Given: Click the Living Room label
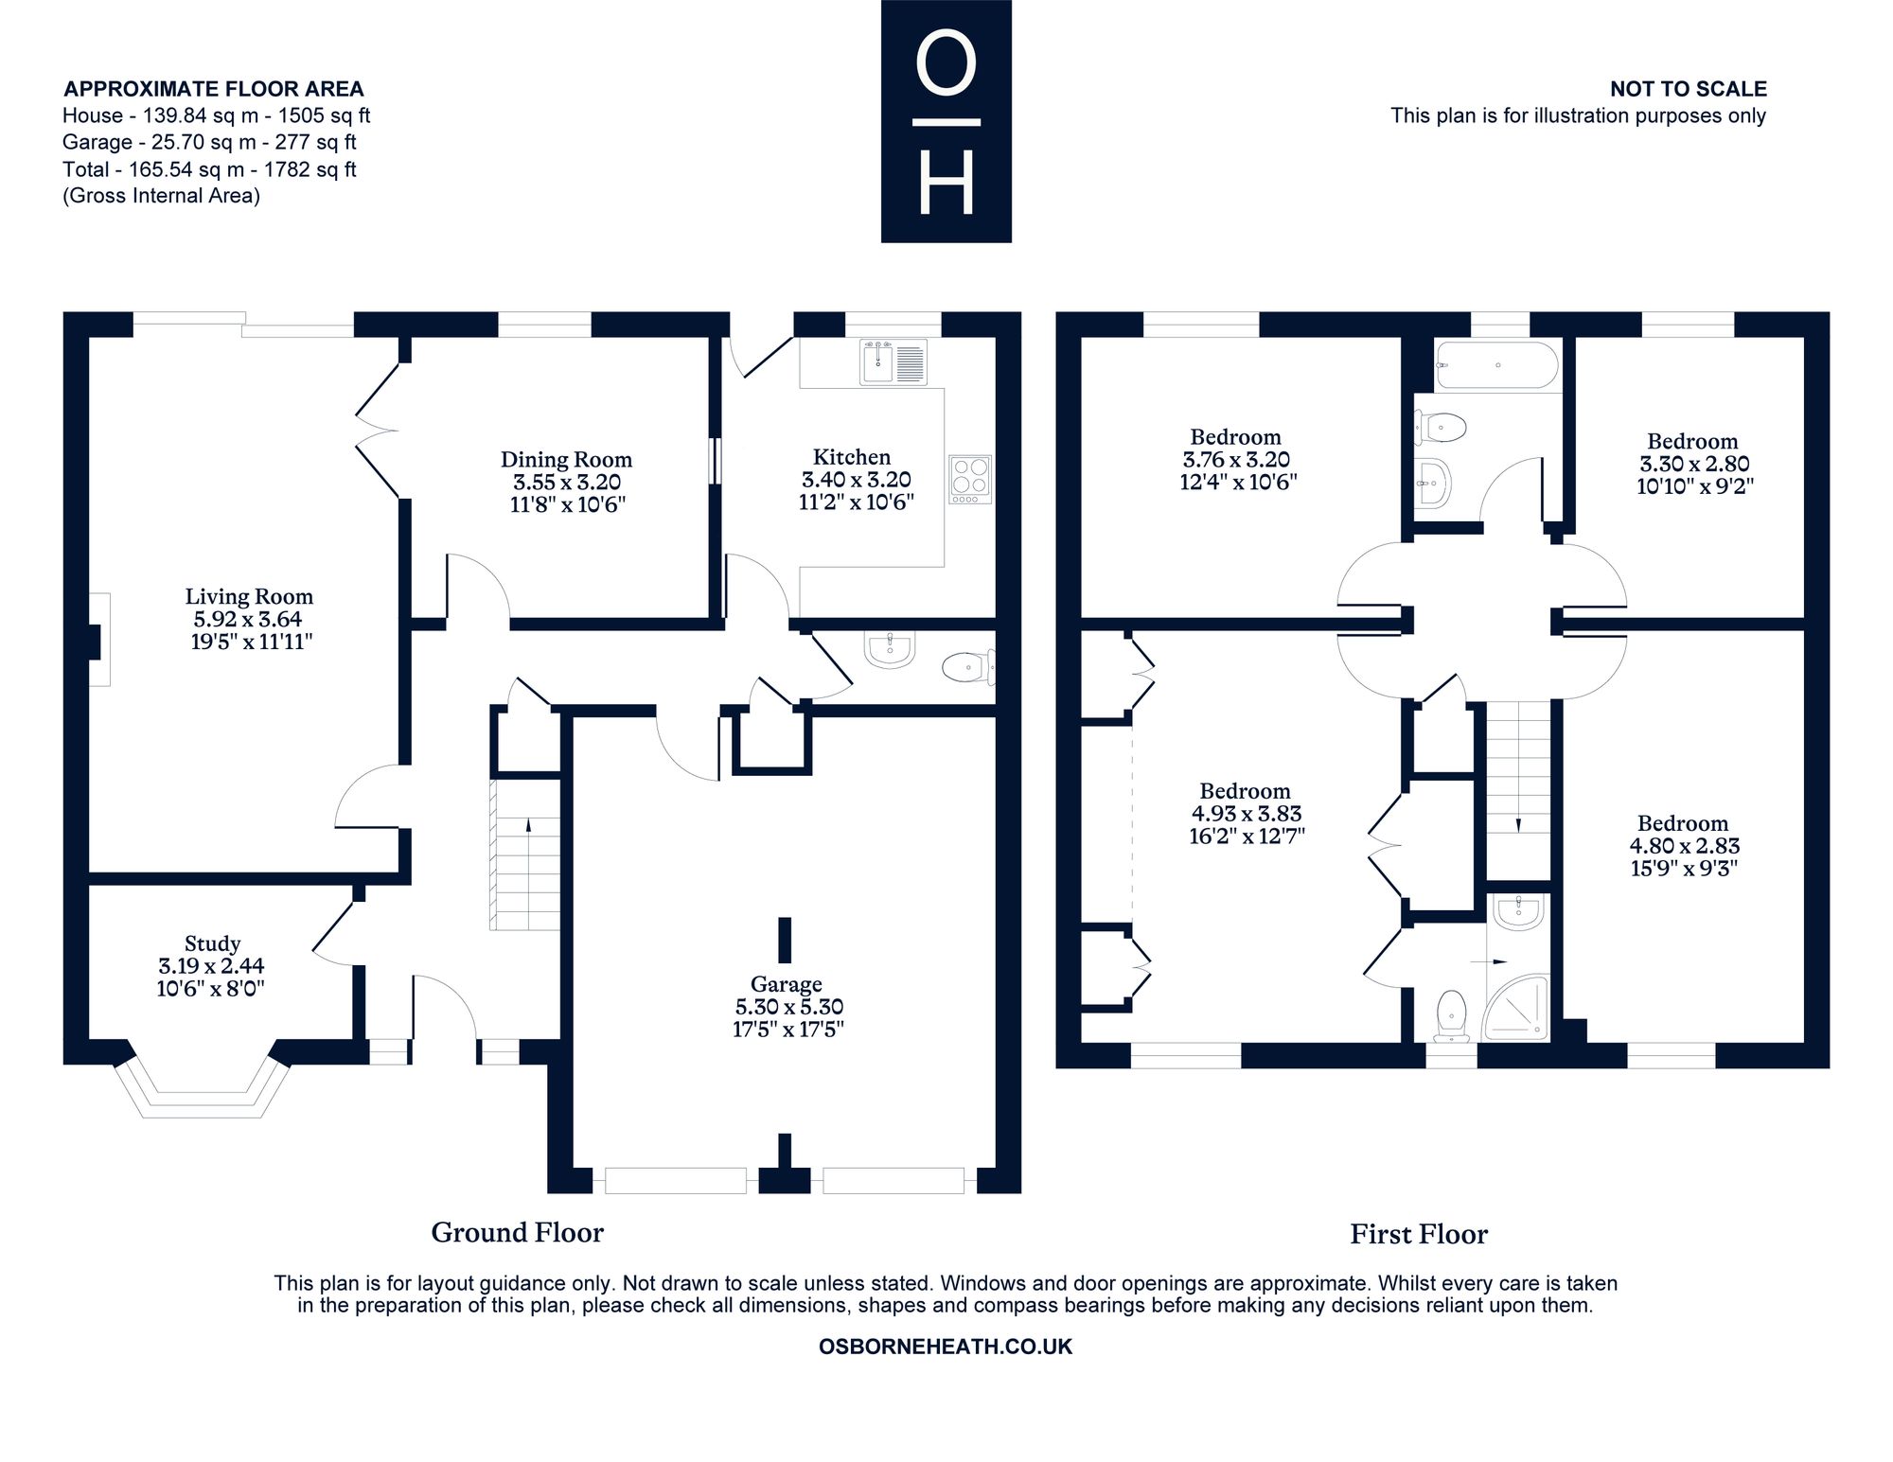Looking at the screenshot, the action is [249, 597].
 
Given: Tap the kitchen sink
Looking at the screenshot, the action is [893, 362].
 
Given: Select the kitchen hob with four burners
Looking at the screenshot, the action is [970, 479].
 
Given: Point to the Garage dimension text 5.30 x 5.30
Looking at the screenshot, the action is [788, 1007].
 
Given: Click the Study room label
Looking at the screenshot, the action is [212, 943].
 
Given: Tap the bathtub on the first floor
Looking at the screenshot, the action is [1496, 365].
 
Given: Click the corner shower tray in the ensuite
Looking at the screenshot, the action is [1518, 1007].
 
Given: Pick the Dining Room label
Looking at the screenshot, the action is [566, 460].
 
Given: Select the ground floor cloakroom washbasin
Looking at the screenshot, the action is [890, 650].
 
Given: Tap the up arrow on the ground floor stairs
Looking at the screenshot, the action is [528, 826].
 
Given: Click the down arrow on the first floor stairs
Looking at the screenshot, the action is [1519, 824].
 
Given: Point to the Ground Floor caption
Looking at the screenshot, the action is [517, 1232].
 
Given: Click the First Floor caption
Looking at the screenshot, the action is [1419, 1234].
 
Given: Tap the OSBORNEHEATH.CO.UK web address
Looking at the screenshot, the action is [946, 1348].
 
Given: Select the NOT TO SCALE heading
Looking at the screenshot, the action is [1689, 89].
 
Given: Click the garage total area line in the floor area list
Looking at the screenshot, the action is [209, 143].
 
